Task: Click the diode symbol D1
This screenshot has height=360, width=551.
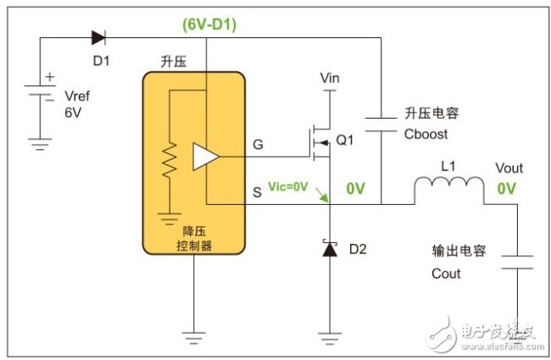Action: point(98,37)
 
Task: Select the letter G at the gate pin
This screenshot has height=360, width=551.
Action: point(258,145)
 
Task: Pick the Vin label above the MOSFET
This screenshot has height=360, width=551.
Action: point(331,78)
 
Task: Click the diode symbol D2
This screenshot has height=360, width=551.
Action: point(329,250)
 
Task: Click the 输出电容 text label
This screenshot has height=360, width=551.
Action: point(459,252)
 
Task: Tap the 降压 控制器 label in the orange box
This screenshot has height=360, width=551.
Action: point(193,238)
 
